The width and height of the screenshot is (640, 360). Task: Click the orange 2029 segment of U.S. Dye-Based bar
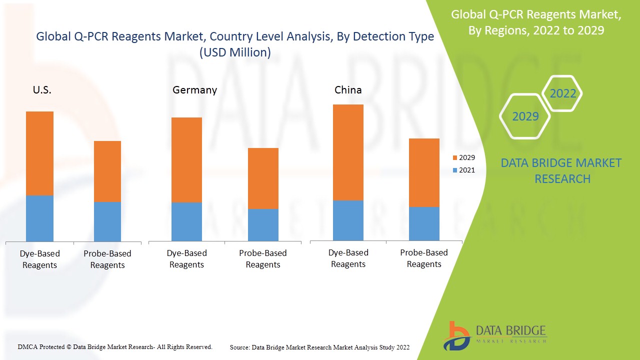click(x=39, y=153)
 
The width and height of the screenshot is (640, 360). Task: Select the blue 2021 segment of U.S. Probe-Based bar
click(x=107, y=221)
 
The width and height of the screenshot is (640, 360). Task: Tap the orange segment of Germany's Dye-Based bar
click(x=186, y=160)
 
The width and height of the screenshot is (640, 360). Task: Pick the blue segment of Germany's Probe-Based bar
click(x=263, y=224)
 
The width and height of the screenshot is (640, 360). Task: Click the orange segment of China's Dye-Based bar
click(x=348, y=152)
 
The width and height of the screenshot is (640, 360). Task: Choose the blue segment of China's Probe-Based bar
click(x=424, y=223)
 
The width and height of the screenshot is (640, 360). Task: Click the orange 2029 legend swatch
click(x=454, y=158)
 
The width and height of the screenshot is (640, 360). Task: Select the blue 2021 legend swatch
click(x=454, y=170)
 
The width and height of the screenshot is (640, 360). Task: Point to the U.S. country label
click(x=42, y=90)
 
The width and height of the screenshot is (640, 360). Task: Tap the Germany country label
click(x=194, y=90)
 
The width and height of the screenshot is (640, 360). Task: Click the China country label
click(x=348, y=90)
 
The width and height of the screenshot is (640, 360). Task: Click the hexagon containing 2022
click(x=562, y=93)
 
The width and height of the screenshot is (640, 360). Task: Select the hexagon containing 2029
click(x=525, y=116)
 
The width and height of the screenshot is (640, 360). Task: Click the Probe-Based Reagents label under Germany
click(x=263, y=259)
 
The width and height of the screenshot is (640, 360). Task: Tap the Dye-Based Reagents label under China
click(x=348, y=258)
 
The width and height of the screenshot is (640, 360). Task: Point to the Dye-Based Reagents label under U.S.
click(x=39, y=259)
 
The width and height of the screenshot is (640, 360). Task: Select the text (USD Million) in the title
click(x=235, y=52)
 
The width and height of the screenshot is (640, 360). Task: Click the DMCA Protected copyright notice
click(x=115, y=346)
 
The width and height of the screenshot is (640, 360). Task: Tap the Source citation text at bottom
click(x=319, y=347)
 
